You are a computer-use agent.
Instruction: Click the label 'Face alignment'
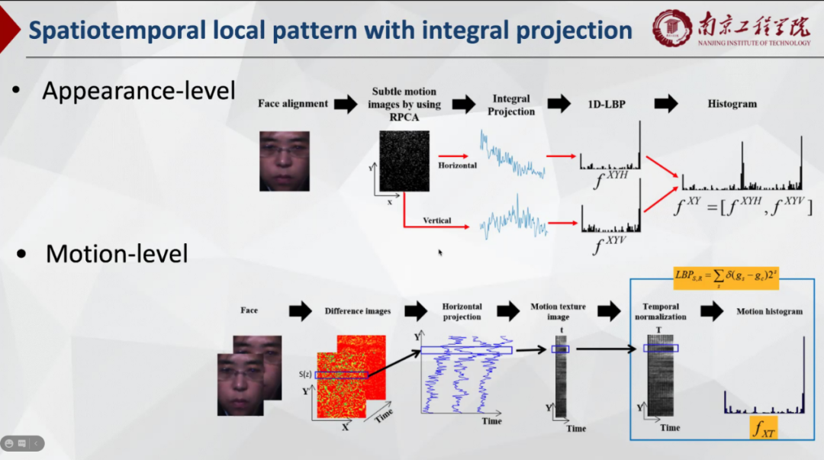click(x=293, y=104)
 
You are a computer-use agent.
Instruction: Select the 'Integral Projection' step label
click(x=511, y=105)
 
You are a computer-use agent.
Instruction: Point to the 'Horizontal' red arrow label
click(x=458, y=165)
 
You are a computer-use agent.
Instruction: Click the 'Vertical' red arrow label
click(x=437, y=220)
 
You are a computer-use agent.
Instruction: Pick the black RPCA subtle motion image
click(x=405, y=161)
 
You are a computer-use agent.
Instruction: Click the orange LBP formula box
click(x=726, y=277)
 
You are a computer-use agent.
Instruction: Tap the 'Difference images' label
click(x=358, y=311)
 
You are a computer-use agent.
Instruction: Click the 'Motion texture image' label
click(x=558, y=311)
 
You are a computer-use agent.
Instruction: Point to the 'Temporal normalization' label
click(x=660, y=311)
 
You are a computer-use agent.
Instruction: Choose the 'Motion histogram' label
click(x=769, y=311)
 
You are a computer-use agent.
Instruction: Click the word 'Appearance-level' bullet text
click(x=139, y=91)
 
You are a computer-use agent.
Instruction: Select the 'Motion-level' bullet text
click(x=117, y=253)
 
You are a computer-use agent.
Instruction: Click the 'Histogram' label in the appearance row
click(x=732, y=104)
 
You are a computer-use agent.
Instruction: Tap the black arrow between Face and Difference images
click(x=301, y=310)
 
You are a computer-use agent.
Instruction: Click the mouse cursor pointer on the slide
click(x=440, y=252)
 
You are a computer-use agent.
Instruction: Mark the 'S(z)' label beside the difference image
click(x=305, y=374)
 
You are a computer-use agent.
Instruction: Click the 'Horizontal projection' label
click(x=462, y=311)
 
